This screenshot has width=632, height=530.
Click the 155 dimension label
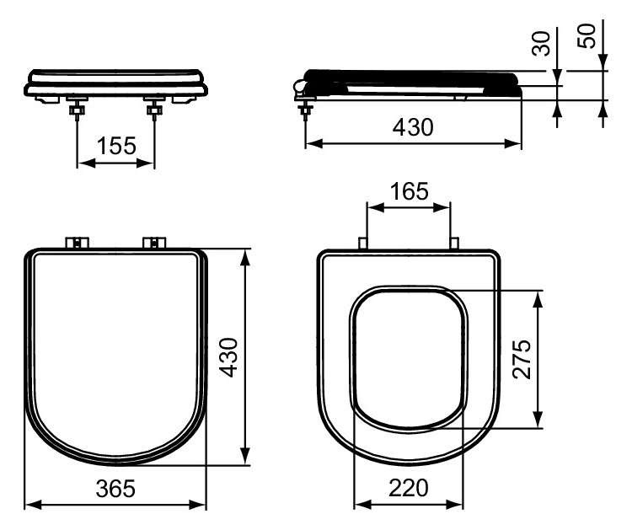[x=115, y=146]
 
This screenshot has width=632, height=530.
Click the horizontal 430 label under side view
[x=413, y=128]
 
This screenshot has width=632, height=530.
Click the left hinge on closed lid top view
[x=78, y=243]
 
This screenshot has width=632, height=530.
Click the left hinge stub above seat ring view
[x=363, y=244]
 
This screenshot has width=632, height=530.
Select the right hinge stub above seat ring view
[x=454, y=244]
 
